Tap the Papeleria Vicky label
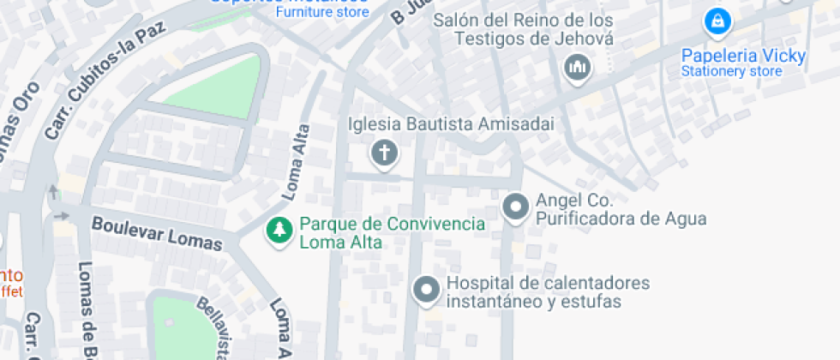[x=743, y=57]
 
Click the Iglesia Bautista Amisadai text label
[x=451, y=124]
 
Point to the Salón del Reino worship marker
[x=578, y=67]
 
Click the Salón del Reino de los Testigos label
[x=522, y=29]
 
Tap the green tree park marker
[x=278, y=230]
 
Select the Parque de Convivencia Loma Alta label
[x=392, y=233]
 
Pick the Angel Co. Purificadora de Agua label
[x=621, y=209]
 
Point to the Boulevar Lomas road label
[x=156, y=233]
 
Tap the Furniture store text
[x=321, y=13]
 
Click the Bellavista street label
[x=215, y=328]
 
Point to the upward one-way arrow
[x=54, y=190]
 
